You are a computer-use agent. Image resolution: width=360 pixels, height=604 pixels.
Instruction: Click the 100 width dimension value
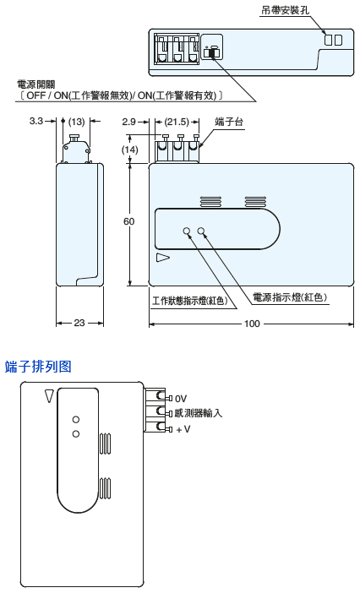[x=252, y=324]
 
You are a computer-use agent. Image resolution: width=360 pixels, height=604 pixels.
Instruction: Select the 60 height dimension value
[x=128, y=221]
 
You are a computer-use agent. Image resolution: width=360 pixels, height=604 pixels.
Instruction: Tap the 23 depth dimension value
[x=79, y=323]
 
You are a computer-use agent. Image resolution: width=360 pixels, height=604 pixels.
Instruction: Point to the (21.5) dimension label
[x=177, y=122]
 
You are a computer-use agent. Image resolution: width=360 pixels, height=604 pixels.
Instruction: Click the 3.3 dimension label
[x=35, y=121]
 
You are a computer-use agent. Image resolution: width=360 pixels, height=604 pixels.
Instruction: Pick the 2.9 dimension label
[x=129, y=122]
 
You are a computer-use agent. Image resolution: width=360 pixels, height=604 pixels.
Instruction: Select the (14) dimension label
[x=129, y=150]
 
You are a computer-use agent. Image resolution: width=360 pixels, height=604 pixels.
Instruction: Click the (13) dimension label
[x=76, y=122]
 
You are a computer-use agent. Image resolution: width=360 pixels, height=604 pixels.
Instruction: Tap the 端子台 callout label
[x=229, y=122]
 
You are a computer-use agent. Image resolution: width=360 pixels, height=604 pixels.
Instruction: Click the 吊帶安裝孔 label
[x=286, y=10]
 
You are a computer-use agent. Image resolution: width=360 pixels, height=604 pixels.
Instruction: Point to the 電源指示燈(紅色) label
[x=290, y=297]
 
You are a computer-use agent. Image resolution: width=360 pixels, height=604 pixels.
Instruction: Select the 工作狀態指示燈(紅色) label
[x=190, y=301]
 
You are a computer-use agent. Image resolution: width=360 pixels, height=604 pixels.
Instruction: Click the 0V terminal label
[x=180, y=399]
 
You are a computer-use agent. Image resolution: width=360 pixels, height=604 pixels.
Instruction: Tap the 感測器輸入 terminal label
[x=199, y=413]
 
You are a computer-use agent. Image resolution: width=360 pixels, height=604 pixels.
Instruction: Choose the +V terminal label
[x=183, y=429]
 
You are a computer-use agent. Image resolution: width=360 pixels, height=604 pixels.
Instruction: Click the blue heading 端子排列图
[x=38, y=367]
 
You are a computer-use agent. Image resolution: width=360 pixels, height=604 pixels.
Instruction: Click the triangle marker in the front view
[x=163, y=258]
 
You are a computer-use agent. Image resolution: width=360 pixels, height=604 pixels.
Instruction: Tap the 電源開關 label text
[x=36, y=84]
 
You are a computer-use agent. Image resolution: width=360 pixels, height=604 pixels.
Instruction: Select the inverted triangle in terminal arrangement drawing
[x=48, y=396]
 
